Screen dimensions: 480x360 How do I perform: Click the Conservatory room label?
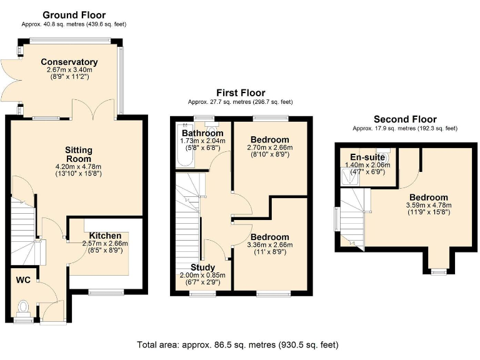(x=69, y=62)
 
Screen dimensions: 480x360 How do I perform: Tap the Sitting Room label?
(x=78, y=154)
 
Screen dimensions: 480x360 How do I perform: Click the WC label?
(x=23, y=280)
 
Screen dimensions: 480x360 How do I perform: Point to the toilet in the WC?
(x=23, y=308)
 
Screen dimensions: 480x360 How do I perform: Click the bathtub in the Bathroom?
(x=185, y=144)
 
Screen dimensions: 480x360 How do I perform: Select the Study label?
(x=202, y=267)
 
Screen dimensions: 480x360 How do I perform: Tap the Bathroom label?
(x=202, y=133)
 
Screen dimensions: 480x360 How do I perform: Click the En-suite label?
(x=367, y=157)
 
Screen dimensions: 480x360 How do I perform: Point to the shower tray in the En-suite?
(x=350, y=176)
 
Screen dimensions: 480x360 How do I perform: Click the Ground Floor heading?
(x=74, y=15)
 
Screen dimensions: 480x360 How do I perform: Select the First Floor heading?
(x=241, y=92)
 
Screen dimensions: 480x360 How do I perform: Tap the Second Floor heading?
(x=405, y=119)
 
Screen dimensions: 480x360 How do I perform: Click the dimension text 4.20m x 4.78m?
(x=78, y=167)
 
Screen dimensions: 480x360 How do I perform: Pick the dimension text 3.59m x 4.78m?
(x=429, y=205)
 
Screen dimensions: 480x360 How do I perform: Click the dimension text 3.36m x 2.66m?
(x=270, y=245)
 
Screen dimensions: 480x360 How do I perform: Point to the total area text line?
(x=238, y=345)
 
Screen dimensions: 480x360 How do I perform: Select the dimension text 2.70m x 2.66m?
(x=270, y=147)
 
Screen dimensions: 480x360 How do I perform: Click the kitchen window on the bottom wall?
(x=106, y=292)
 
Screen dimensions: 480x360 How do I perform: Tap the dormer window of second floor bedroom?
(x=439, y=271)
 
